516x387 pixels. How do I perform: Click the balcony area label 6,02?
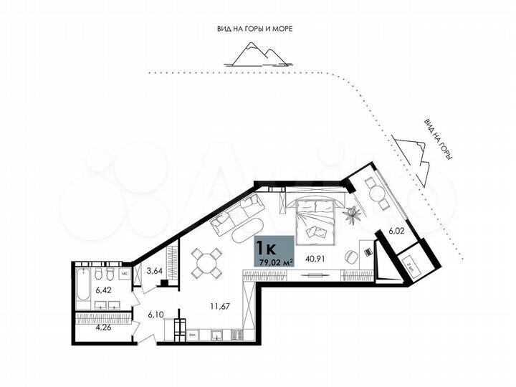(x=397, y=231)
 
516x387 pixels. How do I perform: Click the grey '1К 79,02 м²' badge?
(x=273, y=252)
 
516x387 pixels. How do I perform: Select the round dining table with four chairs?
(x=209, y=262)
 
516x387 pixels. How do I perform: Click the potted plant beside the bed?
(x=352, y=212)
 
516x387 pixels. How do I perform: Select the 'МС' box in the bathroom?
(x=123, y=273)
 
